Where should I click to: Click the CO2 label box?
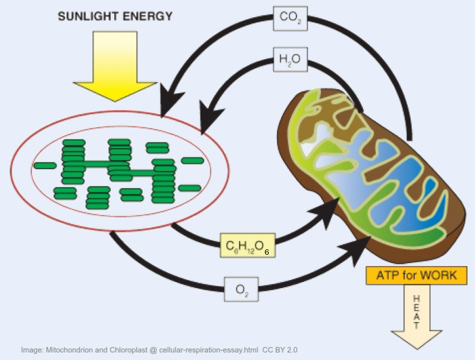click(x=290, y=18)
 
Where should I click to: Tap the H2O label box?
click(x=290, y=59)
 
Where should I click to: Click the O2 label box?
click(x=242, y=290)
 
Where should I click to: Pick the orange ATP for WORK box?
click(x=417, y=276)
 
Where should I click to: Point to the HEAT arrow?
click(x=417, y=316)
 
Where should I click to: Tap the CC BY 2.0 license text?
click(x=280, y=349)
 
